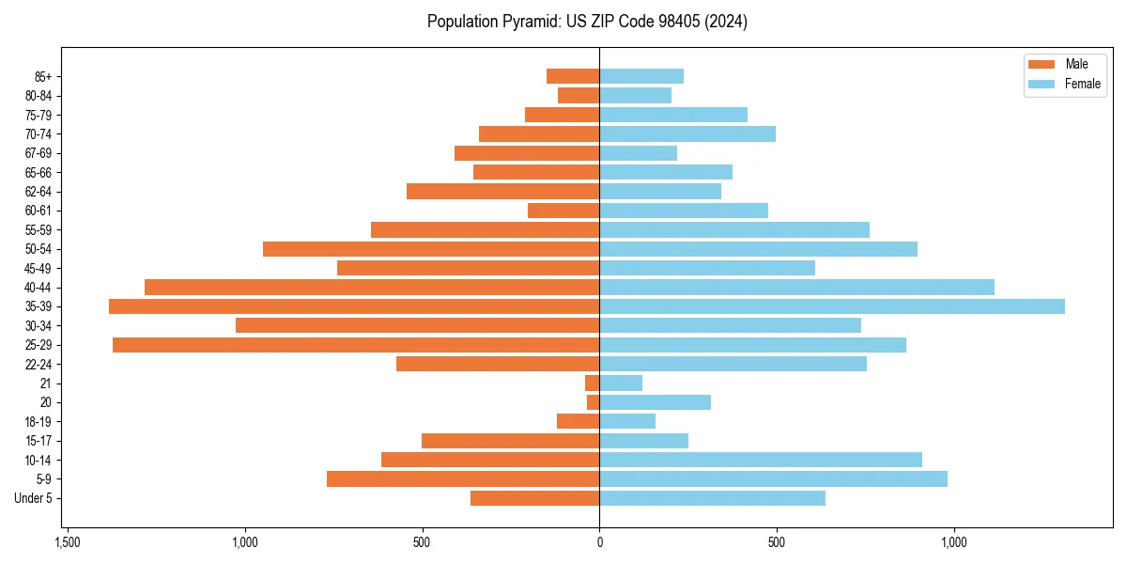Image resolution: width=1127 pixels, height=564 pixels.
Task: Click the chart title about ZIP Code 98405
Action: point(587,22)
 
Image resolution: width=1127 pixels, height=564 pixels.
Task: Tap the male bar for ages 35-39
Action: point(354,306)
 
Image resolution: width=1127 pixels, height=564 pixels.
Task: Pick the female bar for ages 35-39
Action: point(832,306)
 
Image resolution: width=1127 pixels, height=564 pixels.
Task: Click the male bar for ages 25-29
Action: point(356,345)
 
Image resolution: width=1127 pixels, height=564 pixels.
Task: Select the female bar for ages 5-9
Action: point(773,479)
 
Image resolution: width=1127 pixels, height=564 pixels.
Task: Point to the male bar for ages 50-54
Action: point(431,249)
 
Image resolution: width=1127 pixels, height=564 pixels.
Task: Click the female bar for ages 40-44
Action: point(796,288)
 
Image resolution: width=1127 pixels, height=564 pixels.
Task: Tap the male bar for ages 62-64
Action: point(502,192)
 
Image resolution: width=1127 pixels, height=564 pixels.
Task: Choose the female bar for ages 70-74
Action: point(687,134)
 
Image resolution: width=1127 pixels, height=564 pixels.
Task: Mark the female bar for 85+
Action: point(641,76)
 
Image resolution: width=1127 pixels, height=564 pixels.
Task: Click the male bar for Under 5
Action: point(534,498)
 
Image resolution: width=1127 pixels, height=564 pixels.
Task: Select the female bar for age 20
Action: point(655,402)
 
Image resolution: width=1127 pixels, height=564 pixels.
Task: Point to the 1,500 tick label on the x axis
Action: point(67,542)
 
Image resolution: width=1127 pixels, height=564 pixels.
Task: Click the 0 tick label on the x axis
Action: point(599,542)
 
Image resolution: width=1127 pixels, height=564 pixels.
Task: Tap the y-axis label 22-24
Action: point(39,365)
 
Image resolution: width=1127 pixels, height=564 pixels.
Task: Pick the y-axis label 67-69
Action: point(39,153)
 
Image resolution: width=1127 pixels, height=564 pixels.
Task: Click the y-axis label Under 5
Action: point(33,498)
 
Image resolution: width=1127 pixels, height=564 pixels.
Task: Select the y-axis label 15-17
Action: point(39,441)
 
